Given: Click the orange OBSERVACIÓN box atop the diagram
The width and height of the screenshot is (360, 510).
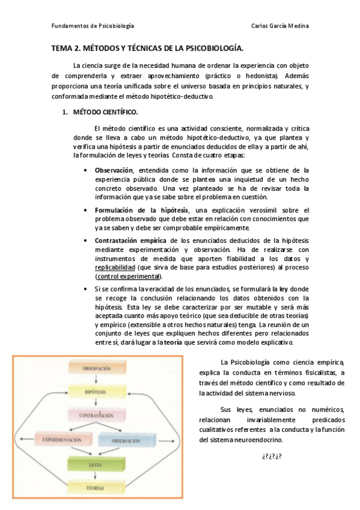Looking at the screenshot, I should [95, 367].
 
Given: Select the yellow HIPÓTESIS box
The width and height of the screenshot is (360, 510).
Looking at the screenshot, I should [95, 392].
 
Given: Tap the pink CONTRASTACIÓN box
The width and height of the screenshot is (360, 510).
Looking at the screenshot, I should [95, 415].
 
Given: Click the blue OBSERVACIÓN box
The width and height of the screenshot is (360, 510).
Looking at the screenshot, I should [124, 440].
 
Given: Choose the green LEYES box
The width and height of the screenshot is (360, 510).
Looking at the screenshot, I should [95, 465].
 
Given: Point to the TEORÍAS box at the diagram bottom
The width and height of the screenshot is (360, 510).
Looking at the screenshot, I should [95, 488].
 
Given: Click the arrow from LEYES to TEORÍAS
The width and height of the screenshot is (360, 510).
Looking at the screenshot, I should [95, 477].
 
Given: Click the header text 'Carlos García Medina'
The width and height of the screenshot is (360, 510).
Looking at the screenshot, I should [280, 26].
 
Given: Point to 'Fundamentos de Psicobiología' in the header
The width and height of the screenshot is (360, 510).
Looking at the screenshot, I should [93, 26].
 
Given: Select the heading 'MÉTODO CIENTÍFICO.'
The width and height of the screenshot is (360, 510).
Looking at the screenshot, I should [105, 112].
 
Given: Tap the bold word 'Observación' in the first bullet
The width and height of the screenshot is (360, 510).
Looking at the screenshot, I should [114, 170].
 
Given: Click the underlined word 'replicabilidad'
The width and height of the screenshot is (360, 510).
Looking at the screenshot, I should [115, 266].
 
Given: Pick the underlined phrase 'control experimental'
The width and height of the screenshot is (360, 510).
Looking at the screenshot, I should [129, 276].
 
